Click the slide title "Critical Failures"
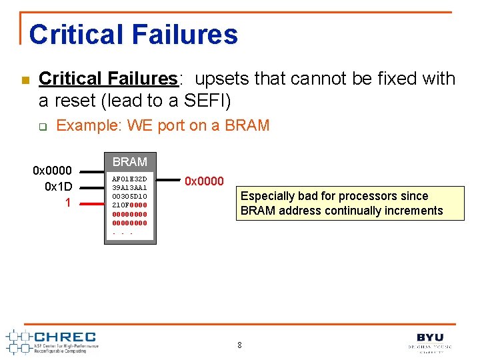pos(133,34)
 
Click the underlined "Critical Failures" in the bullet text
pos(108,79)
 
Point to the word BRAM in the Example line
pos(246,125)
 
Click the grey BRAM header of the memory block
pos(129,162)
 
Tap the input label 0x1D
pos(58,187)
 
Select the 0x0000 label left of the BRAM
pos(53,171)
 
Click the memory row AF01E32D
pos(129,179)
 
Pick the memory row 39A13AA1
pos(129,188)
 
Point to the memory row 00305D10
pos(129,197)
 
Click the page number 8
pos(239,345)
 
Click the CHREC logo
pos(53,341)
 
